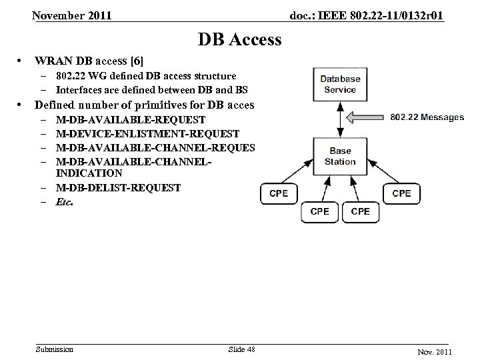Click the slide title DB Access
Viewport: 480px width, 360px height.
(x=239, y=40)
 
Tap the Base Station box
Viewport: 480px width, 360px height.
(x=340, y=156)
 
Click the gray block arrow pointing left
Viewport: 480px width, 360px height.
(x=365, y=118)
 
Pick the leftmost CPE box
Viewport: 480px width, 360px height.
(x=278, y=193)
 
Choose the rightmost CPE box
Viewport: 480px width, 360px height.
(x=401, y=193)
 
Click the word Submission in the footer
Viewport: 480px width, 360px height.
(x=55, y=349)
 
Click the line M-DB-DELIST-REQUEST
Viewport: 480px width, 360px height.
(x=119, y=188)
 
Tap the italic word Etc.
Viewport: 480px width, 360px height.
(x=65, y=202)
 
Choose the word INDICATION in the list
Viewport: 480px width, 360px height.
(x=89, y=173)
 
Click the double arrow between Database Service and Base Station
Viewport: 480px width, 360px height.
(x=340, y=120)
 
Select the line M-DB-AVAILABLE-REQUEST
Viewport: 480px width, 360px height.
(x=131, y=120)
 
